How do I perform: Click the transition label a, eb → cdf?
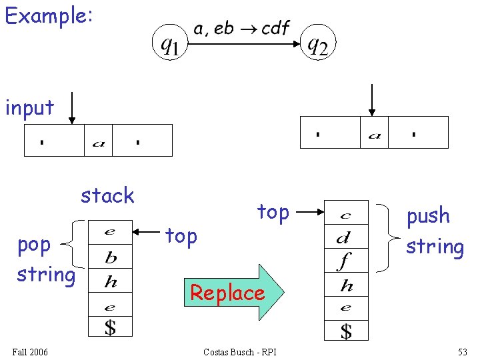pyautogui.click(x=241, y=29)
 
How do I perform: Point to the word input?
pyautogui.click(x=29, y=107)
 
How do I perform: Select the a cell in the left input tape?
pyautogui.click(x=98, y=141)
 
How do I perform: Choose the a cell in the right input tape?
pyautogui.click(x=374, y=133)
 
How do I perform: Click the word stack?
pyautogui.click(x=107, y=195)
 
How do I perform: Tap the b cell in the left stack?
pyautogui.click(x=111, y=257)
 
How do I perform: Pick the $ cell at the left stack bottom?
pyautogui.click(x=111, y=327)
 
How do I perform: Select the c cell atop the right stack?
pyautogui.click(x=345, y=214)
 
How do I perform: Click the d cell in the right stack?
pyautogui.click(x=345, y=237)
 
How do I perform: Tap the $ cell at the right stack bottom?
pyautogui.click(x=345, y=330)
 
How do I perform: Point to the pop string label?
pyautogui.click(x=45, y=259)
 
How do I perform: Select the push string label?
pyautogui.click(x=435, y=231)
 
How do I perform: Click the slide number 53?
pyautogui.click(x=463, y=351)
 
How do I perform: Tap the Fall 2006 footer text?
pyautogui.click(x=31, y=351)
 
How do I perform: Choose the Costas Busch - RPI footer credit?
pyautogui.click(x=239, y=351)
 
